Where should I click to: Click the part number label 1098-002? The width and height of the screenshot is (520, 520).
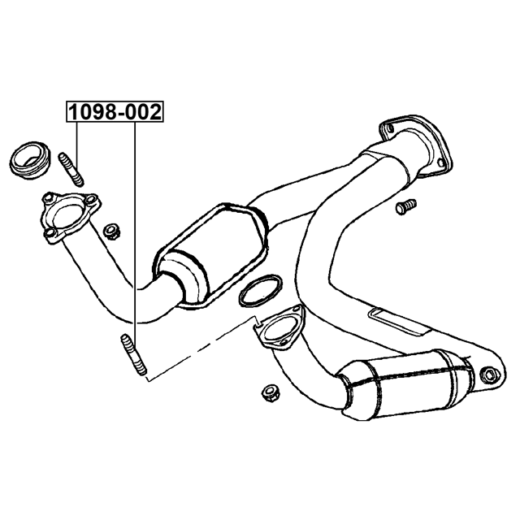tap(115, 112)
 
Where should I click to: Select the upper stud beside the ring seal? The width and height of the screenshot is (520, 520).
tap(71, 169)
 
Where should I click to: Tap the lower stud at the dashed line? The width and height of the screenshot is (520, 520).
tap(132, 355)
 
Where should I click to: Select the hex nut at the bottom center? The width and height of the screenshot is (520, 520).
tap(271, 393)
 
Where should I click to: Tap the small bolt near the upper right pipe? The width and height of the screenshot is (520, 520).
tap(406, 206)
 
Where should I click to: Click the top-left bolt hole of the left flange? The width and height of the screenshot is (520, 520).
tap(47, 198)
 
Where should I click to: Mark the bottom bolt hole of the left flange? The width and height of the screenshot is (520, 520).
tap(50, 233)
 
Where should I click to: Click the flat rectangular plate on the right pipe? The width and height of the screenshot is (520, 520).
tap(400, 323)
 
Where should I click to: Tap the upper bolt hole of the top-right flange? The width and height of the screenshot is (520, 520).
tap(388, 128)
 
